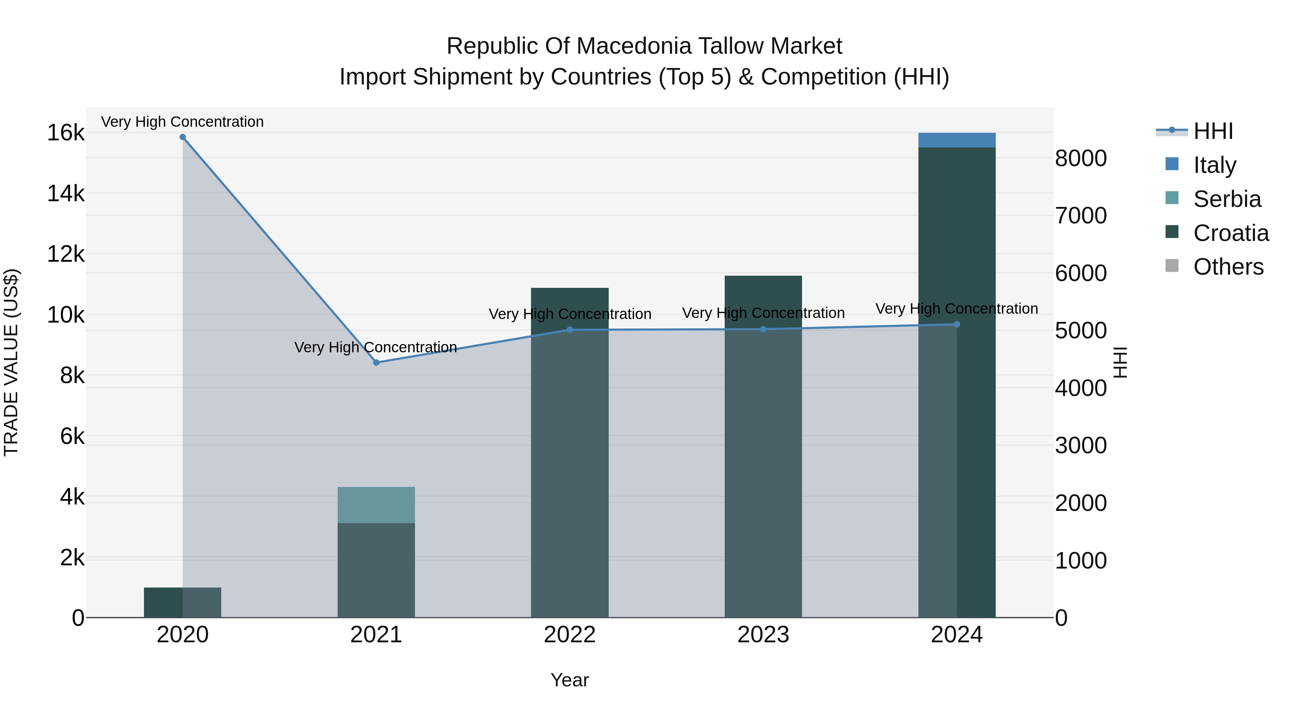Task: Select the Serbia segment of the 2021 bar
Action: [376, 504]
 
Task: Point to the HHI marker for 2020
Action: [183, 137]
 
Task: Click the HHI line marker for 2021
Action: [376, 362]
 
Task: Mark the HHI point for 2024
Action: [957, 324]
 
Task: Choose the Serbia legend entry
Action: [1226, 199]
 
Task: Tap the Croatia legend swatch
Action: [1172, 232]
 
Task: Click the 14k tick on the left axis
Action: [66, 194]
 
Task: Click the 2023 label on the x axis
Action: [763, 635]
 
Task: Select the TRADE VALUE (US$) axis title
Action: [11, 362]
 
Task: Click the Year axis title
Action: [569, 680]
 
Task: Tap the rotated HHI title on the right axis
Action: [1120, 362]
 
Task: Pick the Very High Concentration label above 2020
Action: [182, 122]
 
